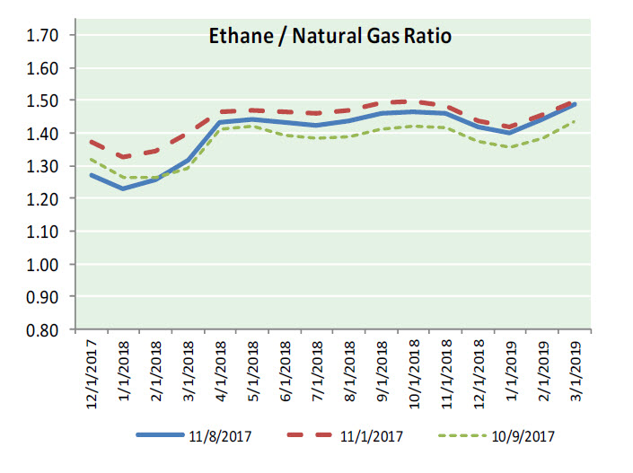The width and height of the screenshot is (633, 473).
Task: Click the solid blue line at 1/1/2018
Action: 123,188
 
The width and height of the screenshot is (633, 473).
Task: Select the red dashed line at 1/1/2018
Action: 123,157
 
